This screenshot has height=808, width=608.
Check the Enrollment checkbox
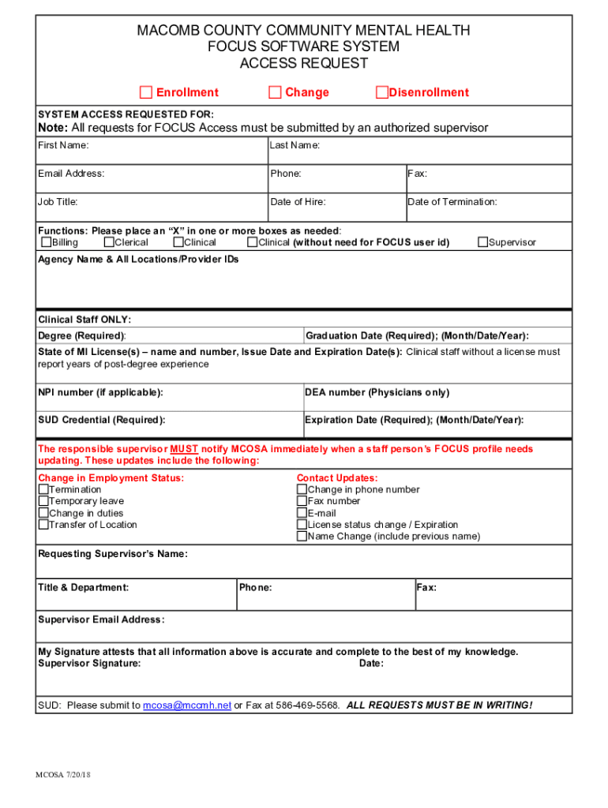(x=146, y=93)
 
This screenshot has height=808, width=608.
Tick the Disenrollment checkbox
(x=382, y=93)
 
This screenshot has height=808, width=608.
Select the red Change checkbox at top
(x=275, y=93)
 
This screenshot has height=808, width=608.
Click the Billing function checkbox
(x=47, y=243)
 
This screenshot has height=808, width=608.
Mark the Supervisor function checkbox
(x=482, y=243)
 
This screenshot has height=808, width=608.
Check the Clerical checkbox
(x=109, y=243)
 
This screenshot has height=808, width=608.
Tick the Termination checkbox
(x=43, y=490)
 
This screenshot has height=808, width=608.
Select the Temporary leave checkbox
(x=43, y=502)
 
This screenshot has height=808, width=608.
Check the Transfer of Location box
(x=43, y=526)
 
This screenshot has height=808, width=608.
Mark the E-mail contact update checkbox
(x=302, y=514)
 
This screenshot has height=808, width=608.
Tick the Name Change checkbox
(x=302, y=537)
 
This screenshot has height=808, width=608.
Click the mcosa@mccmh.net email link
(x=187, y=705)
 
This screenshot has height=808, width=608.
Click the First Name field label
(x=63, y=145)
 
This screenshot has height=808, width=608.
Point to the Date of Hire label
(x=298, y=202)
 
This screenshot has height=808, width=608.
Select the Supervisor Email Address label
(x=101, y=619)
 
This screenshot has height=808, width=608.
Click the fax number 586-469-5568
(x=307, y=705)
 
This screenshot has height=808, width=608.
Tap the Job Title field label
(x=58, y=202)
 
